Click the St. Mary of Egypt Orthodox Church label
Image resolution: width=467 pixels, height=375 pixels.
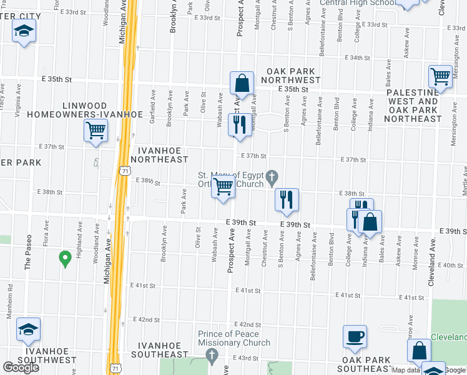[230, 179]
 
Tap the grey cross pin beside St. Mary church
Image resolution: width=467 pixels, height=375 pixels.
[272, 177]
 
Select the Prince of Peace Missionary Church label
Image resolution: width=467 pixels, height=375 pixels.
[234, 338]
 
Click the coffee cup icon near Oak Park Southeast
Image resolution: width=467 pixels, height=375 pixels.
[355, 336]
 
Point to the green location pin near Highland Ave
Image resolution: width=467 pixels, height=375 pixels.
[64, 257]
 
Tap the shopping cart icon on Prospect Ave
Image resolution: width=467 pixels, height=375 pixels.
[223, 187]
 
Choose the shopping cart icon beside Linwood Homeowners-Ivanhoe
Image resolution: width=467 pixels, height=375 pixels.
[96, 131]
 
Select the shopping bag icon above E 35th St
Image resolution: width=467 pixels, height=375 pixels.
[241, 83]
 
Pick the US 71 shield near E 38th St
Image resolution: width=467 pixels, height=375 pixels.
[125, 171]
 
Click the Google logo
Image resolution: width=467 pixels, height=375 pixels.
[21, 367]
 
